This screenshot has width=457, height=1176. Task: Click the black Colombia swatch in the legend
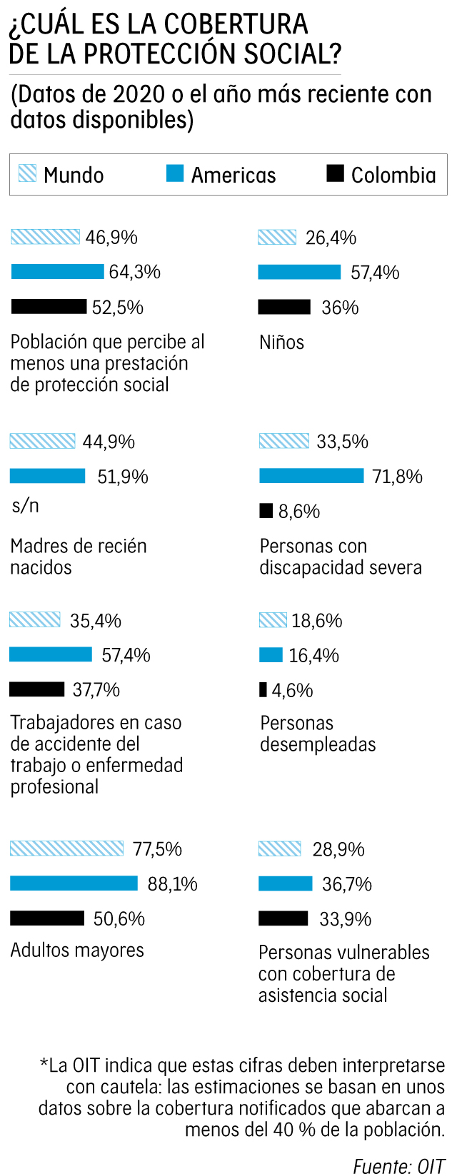coord(335,173)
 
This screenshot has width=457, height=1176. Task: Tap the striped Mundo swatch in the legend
coord(27,173)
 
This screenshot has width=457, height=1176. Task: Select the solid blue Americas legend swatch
coord(175,173)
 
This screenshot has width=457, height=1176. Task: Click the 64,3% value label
coord(134,272)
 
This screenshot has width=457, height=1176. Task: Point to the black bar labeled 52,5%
coord(49,307)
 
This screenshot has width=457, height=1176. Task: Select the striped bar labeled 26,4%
coord(277,237)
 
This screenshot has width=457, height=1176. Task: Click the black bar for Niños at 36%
coord(284,307)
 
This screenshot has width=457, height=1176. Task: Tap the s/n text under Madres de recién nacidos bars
coord(25,506)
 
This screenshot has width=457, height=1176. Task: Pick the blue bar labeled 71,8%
coord(311,476)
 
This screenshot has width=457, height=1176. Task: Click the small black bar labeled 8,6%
coord(266,511)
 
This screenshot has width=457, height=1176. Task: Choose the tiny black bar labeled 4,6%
coord(263,689)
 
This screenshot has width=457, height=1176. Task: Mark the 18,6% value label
coord(316,621)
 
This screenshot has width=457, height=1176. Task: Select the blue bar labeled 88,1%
coord(74,883)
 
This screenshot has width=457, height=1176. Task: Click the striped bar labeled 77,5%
coord(66,848)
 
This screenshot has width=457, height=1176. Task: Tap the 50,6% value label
coord(119,918)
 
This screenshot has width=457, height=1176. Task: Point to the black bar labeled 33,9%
coord(283,918)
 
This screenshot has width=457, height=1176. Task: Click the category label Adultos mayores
coord(77,951)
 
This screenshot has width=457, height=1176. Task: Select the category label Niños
coord(281,343)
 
